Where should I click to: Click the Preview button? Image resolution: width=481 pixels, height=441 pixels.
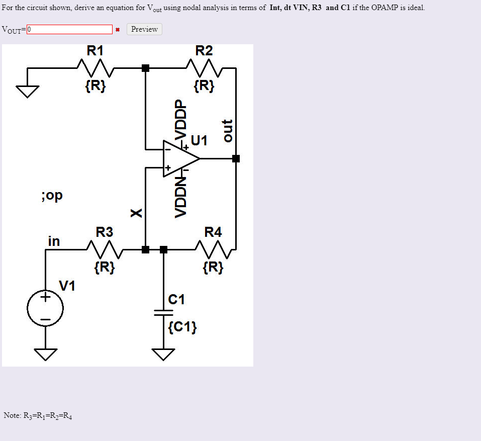pos(144,29)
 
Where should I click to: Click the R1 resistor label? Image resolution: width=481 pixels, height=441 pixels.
pos(95,50)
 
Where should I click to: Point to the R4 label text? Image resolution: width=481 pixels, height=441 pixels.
pos(213,232)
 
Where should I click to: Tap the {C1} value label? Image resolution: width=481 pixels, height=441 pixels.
pos(182,328)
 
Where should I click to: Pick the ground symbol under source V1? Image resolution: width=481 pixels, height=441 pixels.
pos(45,355)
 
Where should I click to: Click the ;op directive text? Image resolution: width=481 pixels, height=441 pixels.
pos(52,196)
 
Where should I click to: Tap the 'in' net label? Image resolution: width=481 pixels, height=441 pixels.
pos(53,241)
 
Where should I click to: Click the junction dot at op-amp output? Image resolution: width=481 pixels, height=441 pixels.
pos(236,159)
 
